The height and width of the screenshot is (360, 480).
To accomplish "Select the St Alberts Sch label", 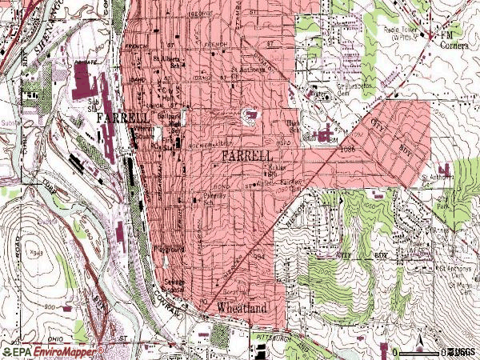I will point(167,62).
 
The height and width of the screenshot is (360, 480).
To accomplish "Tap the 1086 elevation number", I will point(346,149).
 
